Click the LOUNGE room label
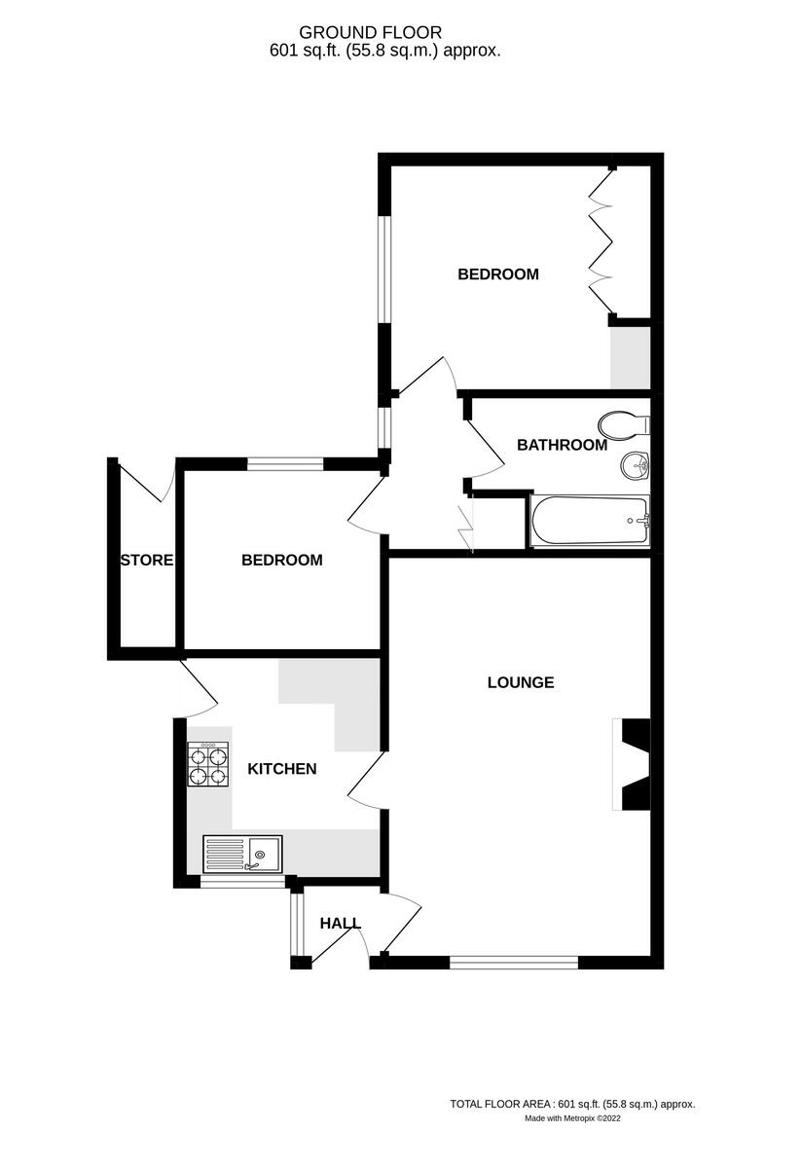point(521,682)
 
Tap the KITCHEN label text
point(282,769)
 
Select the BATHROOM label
point(562,446)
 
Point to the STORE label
point(147,560)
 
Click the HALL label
point(341,923)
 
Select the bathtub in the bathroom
point(589,521)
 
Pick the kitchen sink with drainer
point(242,854)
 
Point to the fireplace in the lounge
point(633,764)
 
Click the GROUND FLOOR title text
point(384,33)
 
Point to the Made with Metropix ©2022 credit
point(572,1118)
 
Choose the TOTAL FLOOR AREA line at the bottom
point(571,1104)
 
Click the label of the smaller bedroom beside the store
point(282,561)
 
